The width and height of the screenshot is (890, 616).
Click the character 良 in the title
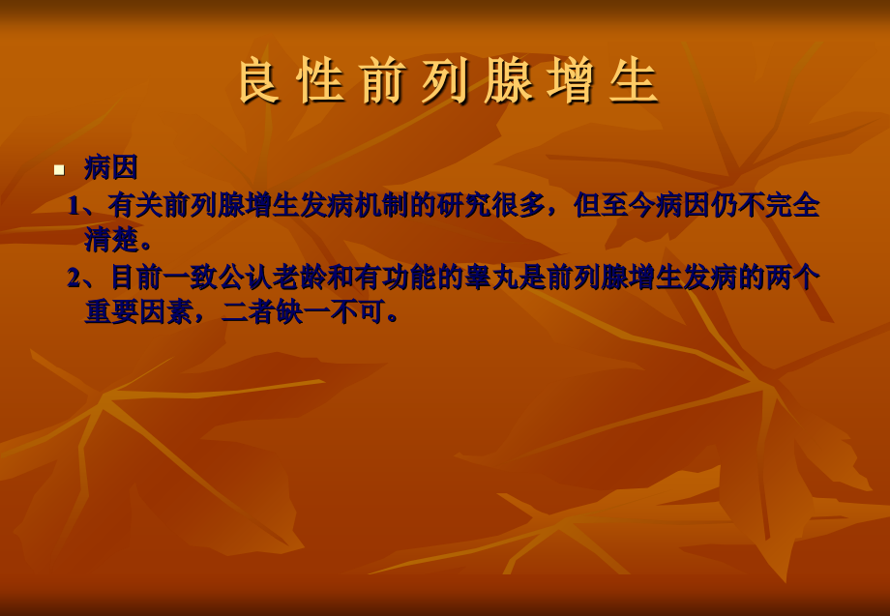[x=259, y=81]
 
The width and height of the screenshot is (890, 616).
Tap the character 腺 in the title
[x=509, y=81]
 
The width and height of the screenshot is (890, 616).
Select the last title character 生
[x=635, y=81]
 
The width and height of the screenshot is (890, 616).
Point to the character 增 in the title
[x=572, y=81]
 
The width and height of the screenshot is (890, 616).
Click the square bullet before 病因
[x=59, y=169]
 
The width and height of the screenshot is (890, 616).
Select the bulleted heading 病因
[x=111, y=167]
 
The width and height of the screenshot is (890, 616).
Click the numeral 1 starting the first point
[x=74, y=205]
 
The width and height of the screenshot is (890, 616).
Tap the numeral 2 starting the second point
[x=74, y=278]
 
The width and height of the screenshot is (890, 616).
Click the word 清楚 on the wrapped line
[x=111, y=239]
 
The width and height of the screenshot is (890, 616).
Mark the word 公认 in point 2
[x=245, y=278]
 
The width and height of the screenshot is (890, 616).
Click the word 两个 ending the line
[x=793, y=278]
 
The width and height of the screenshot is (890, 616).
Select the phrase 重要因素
[x=138, y=311]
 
